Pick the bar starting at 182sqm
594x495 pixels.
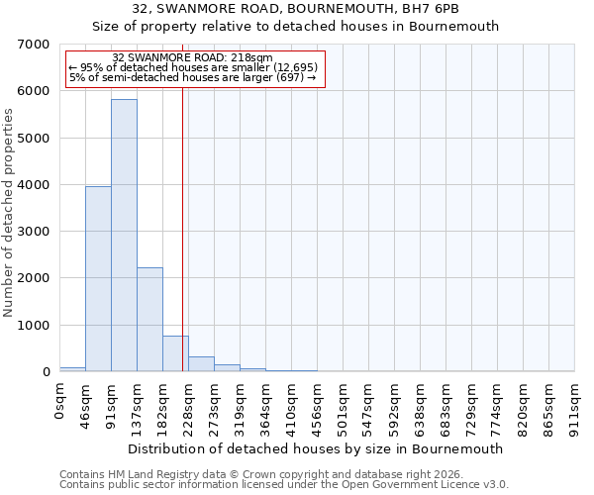pyautogui.click(x=175, y=353)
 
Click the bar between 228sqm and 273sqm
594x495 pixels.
pyautogui.click(x=201, y=363)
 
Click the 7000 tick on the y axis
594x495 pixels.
pyautogui.click(x=35, y=45)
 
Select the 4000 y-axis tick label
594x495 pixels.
pyautogui.click(x=35, y=185)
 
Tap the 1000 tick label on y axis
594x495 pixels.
pyautogui.click(x=35, y=326)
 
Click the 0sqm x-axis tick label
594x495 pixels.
pyautogui.click(x=60, y=403)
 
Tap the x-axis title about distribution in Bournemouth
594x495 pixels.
pyautogui.click(x=317, y=448)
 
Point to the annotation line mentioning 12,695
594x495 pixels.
pyautogui.click(x=193, y=67)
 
